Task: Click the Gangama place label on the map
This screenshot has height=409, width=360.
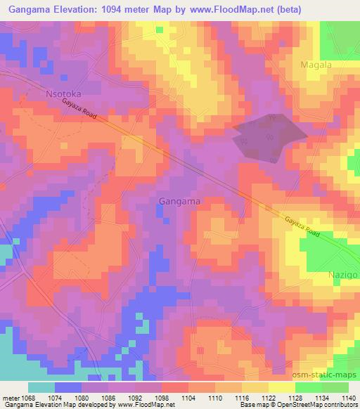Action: coord(179,201)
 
